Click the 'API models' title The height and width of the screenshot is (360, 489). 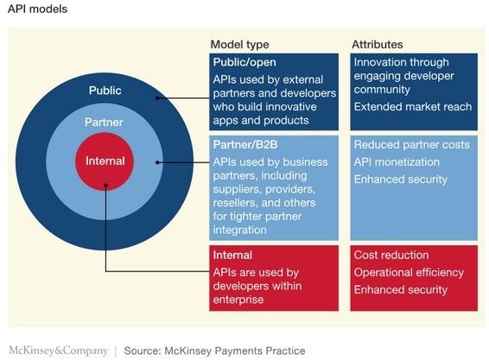tap(37, 9)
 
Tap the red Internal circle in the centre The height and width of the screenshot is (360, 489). tap(105, 161)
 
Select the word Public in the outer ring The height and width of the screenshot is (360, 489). tap(105, 91)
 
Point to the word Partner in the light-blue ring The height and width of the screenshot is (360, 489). tap(104, 122)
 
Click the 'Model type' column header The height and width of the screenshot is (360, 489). tap(239, 45)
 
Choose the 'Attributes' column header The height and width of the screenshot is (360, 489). tap(377, 45)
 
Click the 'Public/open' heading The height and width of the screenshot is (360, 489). tap(244, 62)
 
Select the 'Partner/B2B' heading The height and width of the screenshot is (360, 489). tap(245, 145)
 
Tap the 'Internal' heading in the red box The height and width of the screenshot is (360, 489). tap(232, 255)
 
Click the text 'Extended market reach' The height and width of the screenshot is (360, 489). tap(413, 107)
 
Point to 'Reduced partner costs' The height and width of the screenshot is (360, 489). tap(411, 145)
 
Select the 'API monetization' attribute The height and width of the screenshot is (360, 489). tap(397, 162)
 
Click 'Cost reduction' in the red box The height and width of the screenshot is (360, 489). tap(391, 255)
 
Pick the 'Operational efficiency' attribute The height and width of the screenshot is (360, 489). tap(409, 273)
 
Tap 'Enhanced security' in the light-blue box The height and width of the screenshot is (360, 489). tap(401, 180)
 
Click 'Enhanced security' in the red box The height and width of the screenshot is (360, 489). tap(401, 290)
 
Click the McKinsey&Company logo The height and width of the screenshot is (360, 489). tap(59, 351)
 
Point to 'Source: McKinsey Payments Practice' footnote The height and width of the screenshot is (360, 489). tap(214, 351)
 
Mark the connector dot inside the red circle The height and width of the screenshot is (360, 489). tap(105, 186)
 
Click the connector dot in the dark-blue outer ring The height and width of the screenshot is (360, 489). tap(157, 98)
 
